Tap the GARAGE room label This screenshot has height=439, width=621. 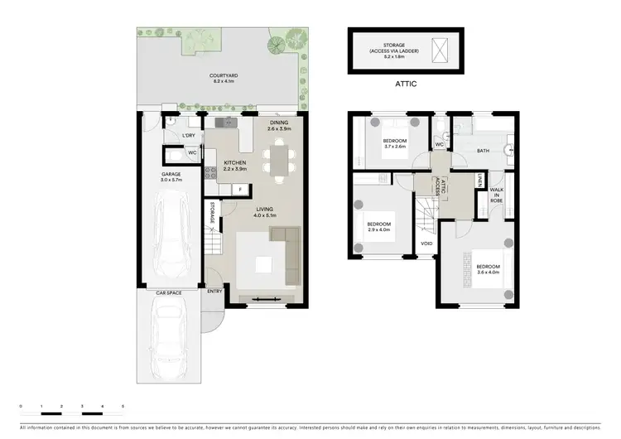point(171,175)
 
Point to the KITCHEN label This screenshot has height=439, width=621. point(235,163)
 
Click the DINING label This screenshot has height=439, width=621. point(278,123)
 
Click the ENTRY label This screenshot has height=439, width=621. point(214,291)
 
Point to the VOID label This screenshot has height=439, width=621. point(426,244)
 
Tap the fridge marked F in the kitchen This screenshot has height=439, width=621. point(240,190)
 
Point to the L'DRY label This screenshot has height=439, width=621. point(188,136)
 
